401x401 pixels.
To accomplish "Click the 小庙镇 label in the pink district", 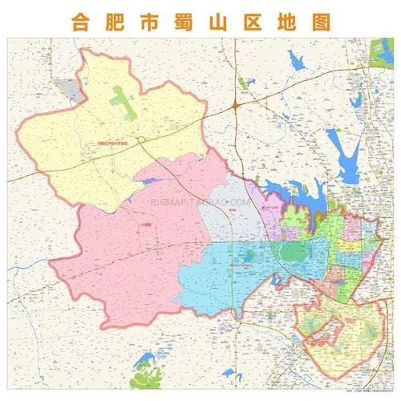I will (x=122, y=227).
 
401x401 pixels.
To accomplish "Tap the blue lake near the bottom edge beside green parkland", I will (x=147, y=358).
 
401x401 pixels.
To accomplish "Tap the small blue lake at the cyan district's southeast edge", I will (x=278, y=282).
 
